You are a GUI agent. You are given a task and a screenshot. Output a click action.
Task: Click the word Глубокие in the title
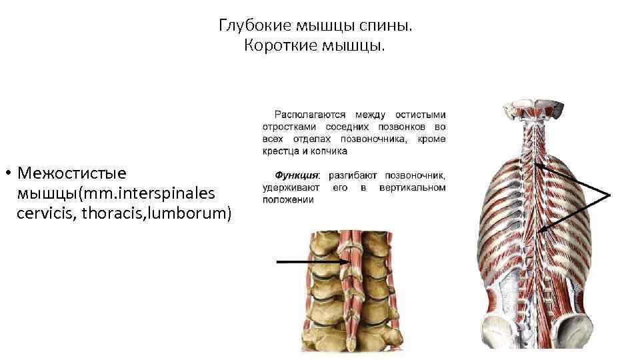click(248, 26)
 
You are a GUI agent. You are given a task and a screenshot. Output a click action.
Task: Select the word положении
click(289, 199)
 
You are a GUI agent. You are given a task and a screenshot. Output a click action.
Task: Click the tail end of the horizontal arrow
click(277, 262)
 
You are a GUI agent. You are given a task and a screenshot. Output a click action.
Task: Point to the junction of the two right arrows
click(609, 193)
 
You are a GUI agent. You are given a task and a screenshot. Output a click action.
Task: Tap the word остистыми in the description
click(421, 115)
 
